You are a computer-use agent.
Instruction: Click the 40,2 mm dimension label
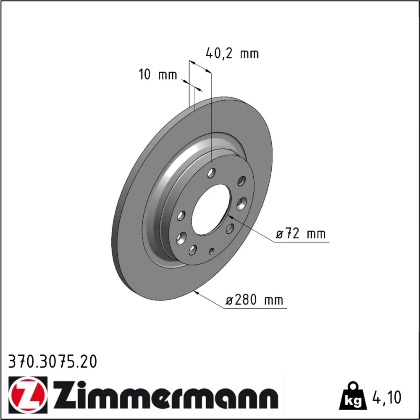232,53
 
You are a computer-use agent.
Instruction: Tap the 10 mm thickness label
158,74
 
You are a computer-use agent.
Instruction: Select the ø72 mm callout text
301,234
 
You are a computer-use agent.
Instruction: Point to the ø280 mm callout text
254,300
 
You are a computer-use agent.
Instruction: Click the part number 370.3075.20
52,362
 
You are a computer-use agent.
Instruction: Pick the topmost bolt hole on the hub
211,173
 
